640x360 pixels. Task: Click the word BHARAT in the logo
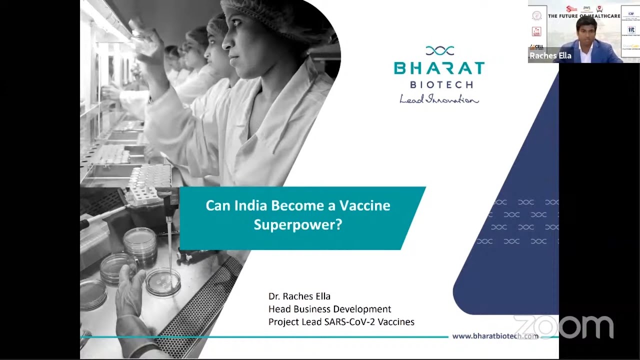click(x=439, y=68)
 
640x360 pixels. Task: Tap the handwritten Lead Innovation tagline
click(x=439, y=99)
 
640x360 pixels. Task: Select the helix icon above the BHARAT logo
click(x=439, y=50)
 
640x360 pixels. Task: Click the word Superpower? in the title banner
click(x=297, y=224)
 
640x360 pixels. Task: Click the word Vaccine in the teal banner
click(x=365, y=205)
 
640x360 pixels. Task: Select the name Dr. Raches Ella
click(x=299, y=296)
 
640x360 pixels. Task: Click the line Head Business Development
click(x=329, y=309)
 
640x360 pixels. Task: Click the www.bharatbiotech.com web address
click(x=495, y=336)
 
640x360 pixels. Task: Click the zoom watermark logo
click(x=563, y=327)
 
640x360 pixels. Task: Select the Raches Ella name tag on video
click(x=550, y=56)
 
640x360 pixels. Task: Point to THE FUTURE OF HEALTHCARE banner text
click(x=583, y=16)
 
